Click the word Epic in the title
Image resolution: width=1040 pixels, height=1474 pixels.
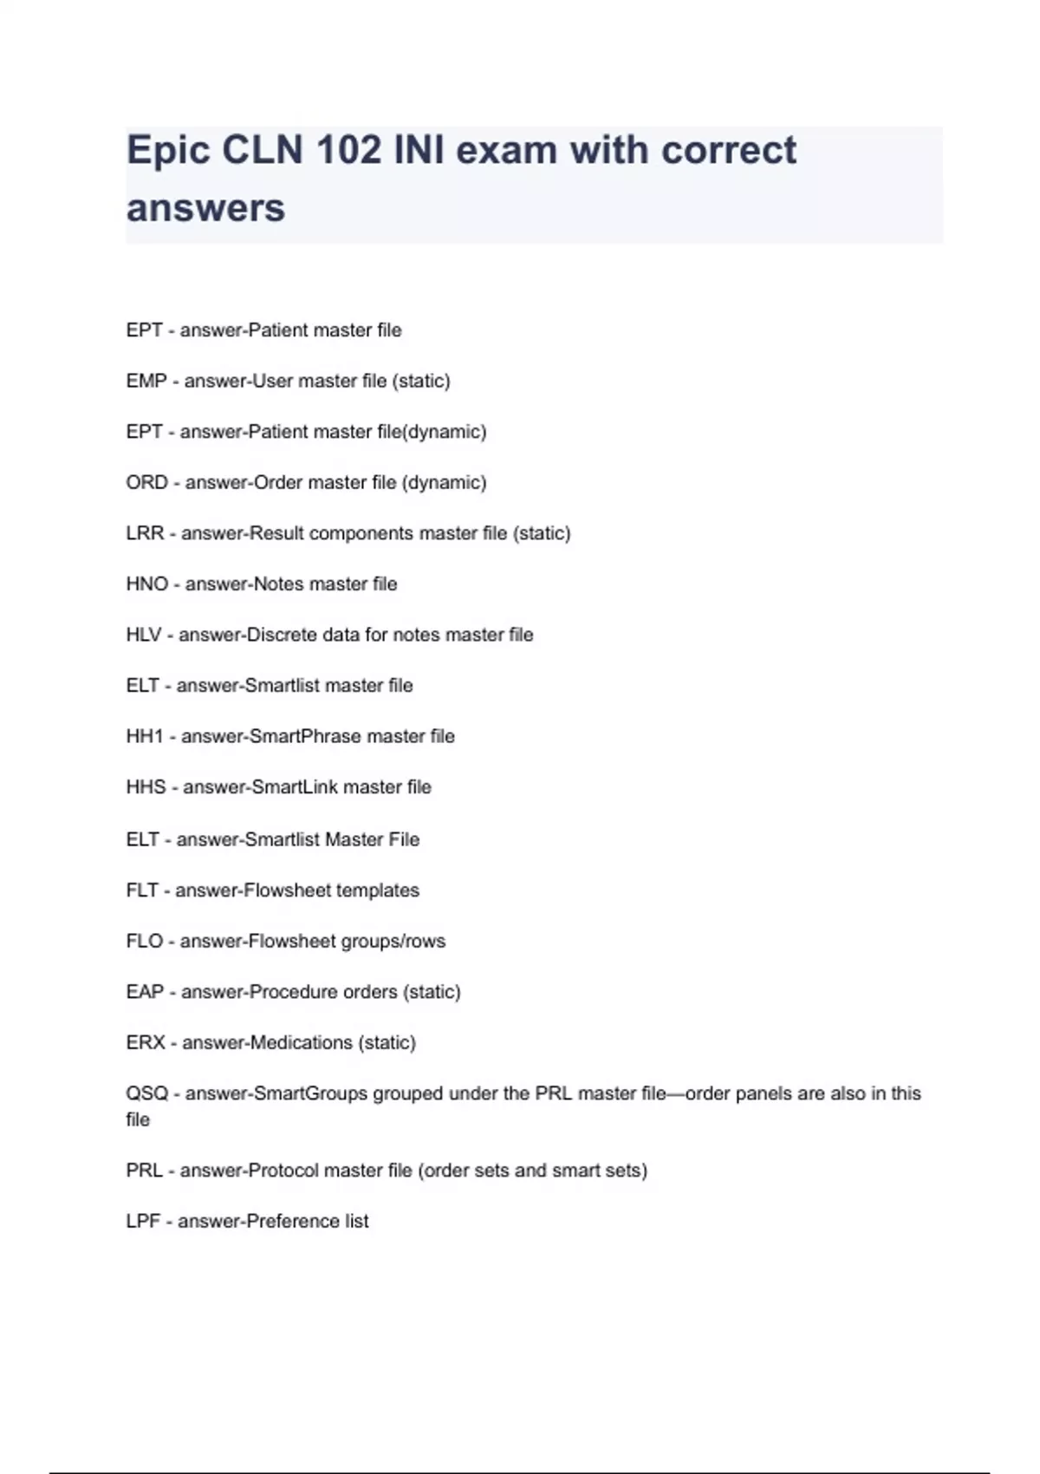[168, 150]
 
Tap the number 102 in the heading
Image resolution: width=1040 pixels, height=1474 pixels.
[348, 150]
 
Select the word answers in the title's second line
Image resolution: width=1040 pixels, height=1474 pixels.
[205, 208]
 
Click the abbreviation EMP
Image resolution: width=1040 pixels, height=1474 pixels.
[146, 381]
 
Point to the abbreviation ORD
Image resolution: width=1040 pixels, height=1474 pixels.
[146, 482]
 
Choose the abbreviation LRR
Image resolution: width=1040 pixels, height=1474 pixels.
[145, 533]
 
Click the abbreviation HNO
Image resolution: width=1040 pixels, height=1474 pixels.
[146, 584]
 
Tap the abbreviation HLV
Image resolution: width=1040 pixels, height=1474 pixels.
[144, 635]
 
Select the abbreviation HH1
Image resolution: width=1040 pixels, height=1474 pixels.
[145, 736]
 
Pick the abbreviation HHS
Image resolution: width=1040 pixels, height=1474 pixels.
[146, 787]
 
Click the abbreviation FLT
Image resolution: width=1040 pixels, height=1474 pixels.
[142, 890]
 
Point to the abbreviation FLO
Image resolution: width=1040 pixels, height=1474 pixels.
[144, 941]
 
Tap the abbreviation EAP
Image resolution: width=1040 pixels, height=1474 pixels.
[145, 992]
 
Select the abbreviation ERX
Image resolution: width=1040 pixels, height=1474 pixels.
[145, 1042]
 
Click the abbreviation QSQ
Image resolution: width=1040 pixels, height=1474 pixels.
[146, 1093]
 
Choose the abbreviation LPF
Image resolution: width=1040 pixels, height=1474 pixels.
[143, 1221]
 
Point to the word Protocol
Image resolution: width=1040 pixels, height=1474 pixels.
[283, 1171]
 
